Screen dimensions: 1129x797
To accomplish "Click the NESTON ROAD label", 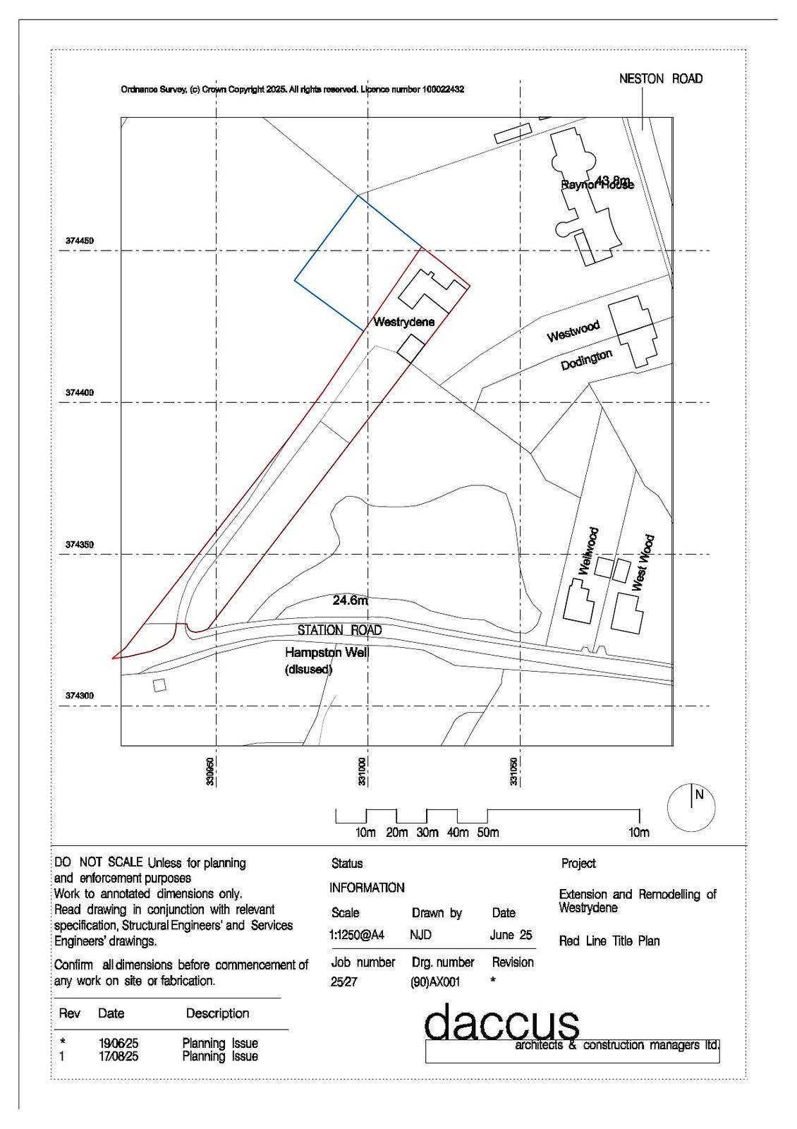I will (660, 79).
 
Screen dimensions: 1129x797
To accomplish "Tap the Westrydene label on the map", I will (403, 322).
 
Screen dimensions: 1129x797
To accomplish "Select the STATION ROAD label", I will (339, 630).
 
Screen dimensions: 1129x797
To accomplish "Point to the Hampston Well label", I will (327, 653).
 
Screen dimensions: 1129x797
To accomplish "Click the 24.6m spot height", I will (351, 600).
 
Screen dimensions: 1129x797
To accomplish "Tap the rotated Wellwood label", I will (588, 551).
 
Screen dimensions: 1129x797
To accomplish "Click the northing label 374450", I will (80, 241).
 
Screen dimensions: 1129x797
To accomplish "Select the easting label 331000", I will (362, 771).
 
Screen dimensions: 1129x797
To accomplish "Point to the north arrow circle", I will (691, 807).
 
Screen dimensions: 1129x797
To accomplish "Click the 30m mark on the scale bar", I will (427, 833).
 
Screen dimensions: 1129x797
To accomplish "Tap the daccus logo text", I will (501, 1022).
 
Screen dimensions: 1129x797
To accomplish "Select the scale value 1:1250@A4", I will (356, 935).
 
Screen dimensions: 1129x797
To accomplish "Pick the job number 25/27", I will (344, 982).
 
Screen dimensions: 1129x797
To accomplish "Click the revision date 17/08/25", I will (118, 1056).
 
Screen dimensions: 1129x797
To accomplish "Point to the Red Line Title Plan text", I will (609, 941).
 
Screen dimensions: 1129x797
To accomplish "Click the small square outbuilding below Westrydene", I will (410, 348).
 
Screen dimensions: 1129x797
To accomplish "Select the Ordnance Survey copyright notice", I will (292, 90).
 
